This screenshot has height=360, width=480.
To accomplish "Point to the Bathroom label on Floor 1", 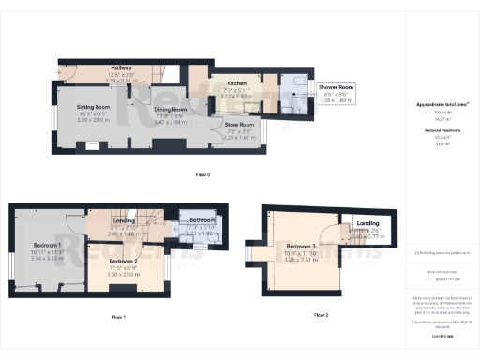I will point(199,221).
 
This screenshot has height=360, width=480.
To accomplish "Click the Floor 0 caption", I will point(202,175).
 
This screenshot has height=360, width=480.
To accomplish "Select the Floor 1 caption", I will point(118,318).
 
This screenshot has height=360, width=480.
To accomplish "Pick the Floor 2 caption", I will point(322,315).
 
